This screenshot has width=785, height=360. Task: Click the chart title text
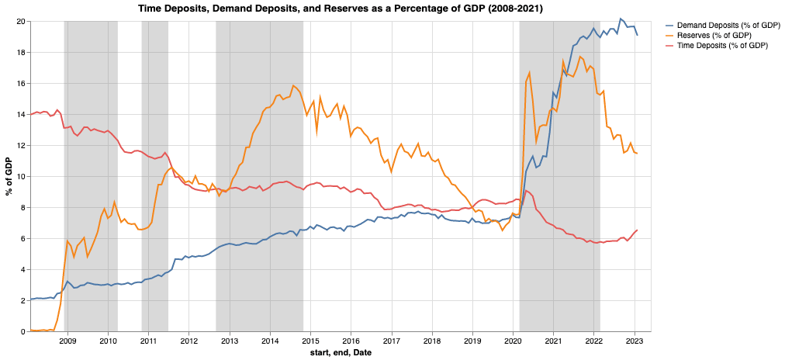click(340, 8)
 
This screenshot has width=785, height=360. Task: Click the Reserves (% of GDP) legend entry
click(714, 36)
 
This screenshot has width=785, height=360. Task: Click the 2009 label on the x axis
click(67, 341)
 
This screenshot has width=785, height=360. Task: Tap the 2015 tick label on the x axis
click(310, 341)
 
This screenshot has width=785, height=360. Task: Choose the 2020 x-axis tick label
click(513, 341)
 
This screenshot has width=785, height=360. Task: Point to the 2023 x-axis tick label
click(635, 341)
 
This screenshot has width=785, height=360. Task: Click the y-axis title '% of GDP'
click(9, 176)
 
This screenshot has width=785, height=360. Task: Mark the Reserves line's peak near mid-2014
click(293, 85)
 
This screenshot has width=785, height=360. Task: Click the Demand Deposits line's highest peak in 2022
click(620, 19)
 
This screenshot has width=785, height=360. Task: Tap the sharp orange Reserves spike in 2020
click(529, 72)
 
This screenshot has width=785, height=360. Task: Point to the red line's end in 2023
click(637, 230)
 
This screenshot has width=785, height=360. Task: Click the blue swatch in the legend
click(671, 25)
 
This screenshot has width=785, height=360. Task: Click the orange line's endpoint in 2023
click(637, 153)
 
